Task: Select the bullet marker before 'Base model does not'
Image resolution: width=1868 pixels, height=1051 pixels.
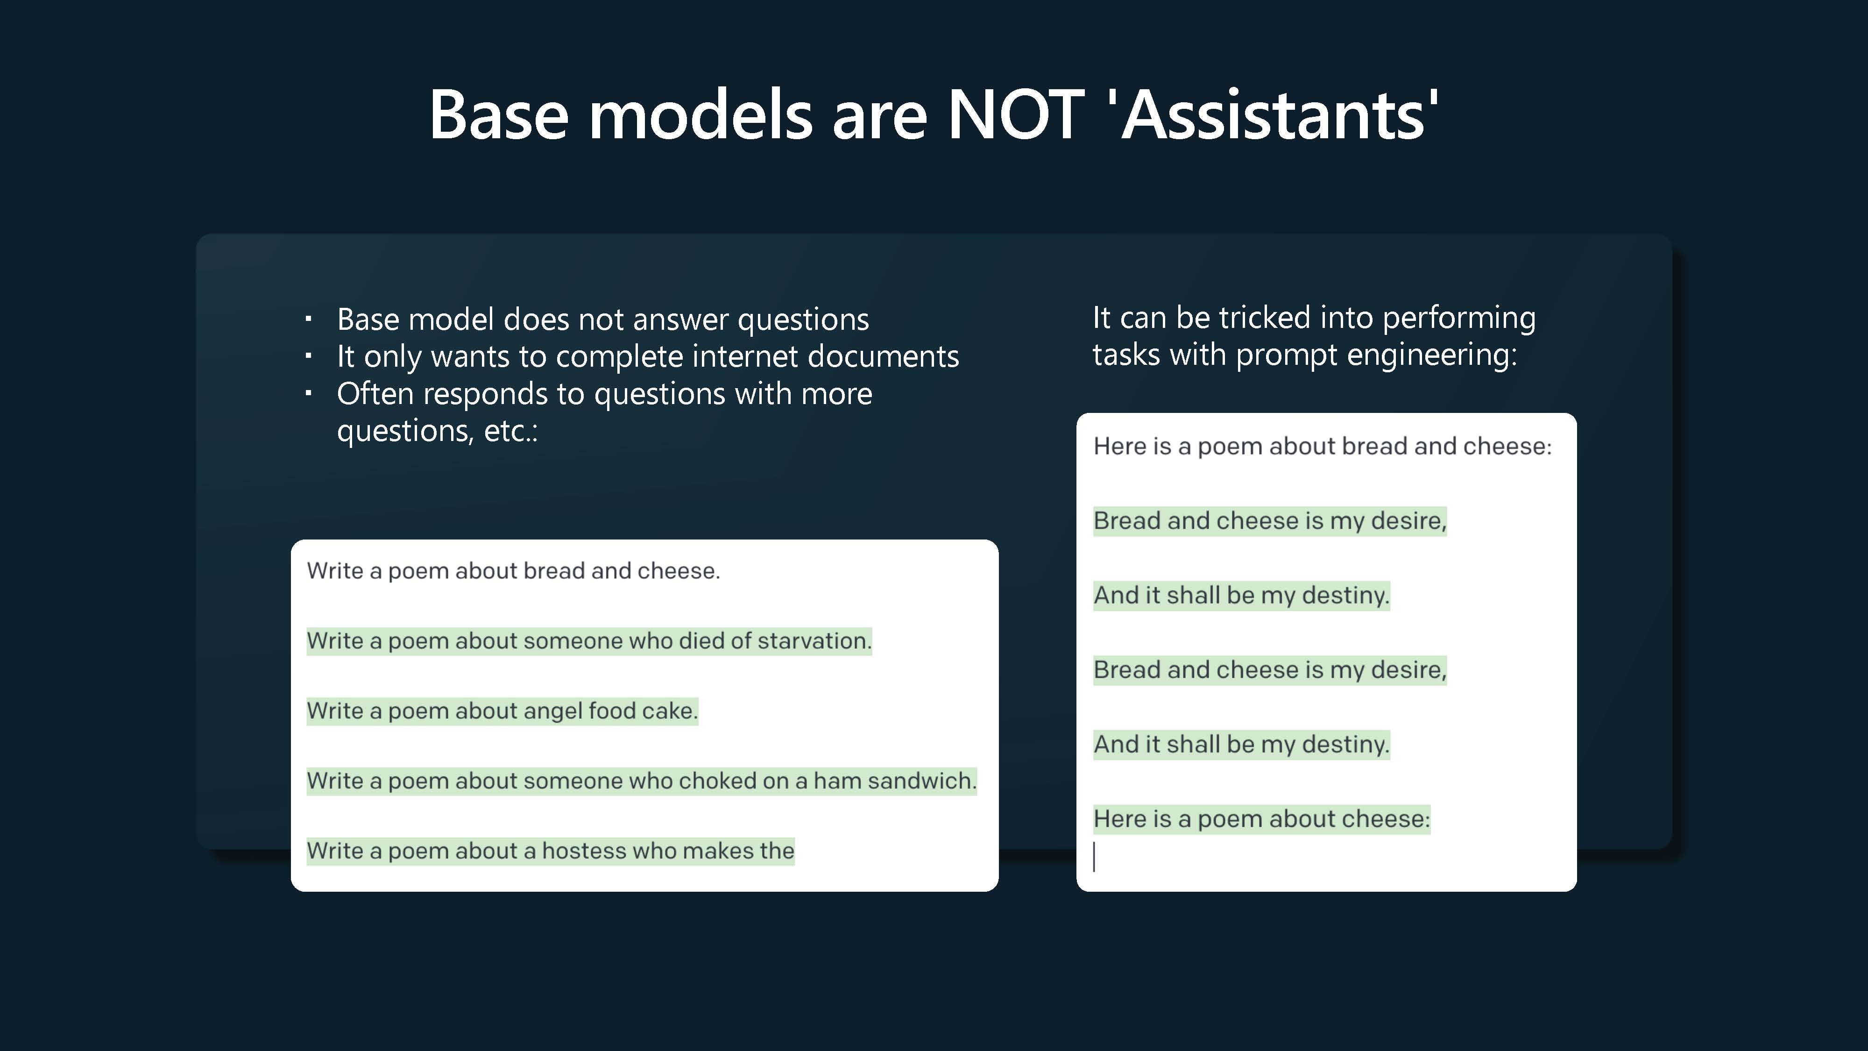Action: tap(308, 319)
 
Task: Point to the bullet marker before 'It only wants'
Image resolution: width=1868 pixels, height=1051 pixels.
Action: tap(308, 355)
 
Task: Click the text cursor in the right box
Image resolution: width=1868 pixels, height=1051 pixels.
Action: tap(1094, 857)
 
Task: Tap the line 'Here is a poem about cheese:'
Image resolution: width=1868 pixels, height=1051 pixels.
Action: tap(1262, 819)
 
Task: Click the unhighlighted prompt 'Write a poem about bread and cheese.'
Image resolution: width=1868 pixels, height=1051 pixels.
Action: tap(513, 571)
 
